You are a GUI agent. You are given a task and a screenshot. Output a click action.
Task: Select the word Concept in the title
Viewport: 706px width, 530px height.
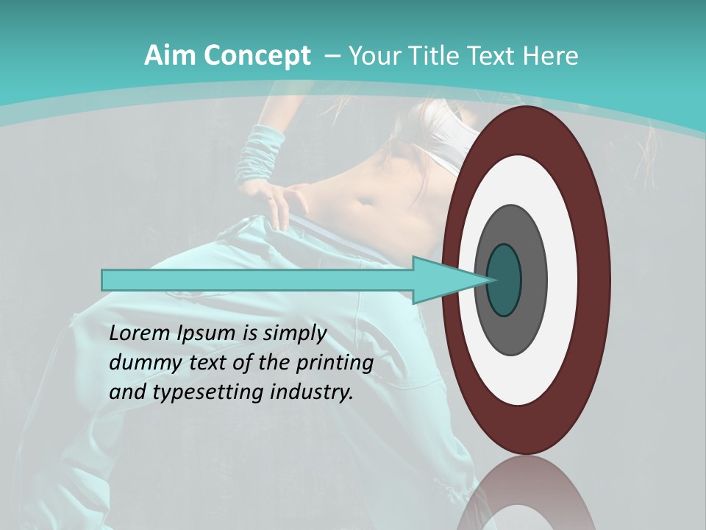[x=257, y=57]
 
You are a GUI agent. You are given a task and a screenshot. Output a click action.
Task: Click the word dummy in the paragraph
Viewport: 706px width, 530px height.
[x=140, y=363]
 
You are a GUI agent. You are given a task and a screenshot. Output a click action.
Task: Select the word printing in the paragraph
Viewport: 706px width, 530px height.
[x=337, y=364]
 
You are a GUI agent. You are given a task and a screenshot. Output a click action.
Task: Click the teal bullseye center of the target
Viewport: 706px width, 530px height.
[x=504, y=280]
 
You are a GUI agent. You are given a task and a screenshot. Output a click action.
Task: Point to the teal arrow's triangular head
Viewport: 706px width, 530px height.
[x=441, y=280]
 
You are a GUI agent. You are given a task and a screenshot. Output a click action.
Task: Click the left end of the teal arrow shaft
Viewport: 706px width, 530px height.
[x=107, y=280]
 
